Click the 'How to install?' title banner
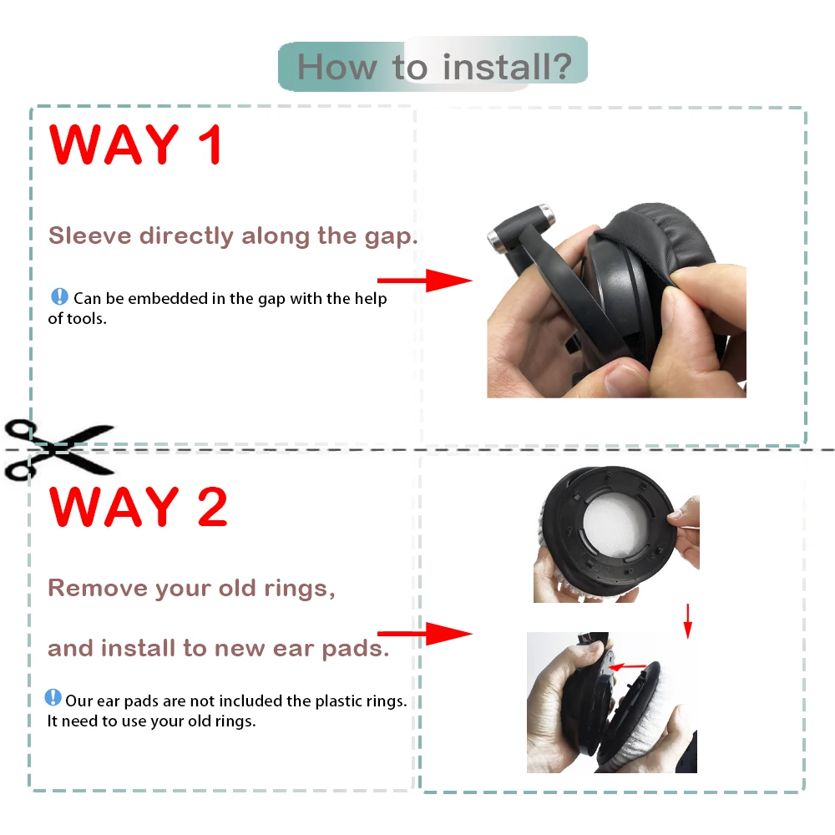click(433, 65)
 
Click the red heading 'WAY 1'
click(136, 144)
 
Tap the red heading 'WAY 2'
click(138, 507)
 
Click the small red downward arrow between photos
click(687, 620)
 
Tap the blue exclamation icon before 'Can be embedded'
click(59, 296)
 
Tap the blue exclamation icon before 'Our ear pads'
click(53, 697)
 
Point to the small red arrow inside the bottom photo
click(628, 666)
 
